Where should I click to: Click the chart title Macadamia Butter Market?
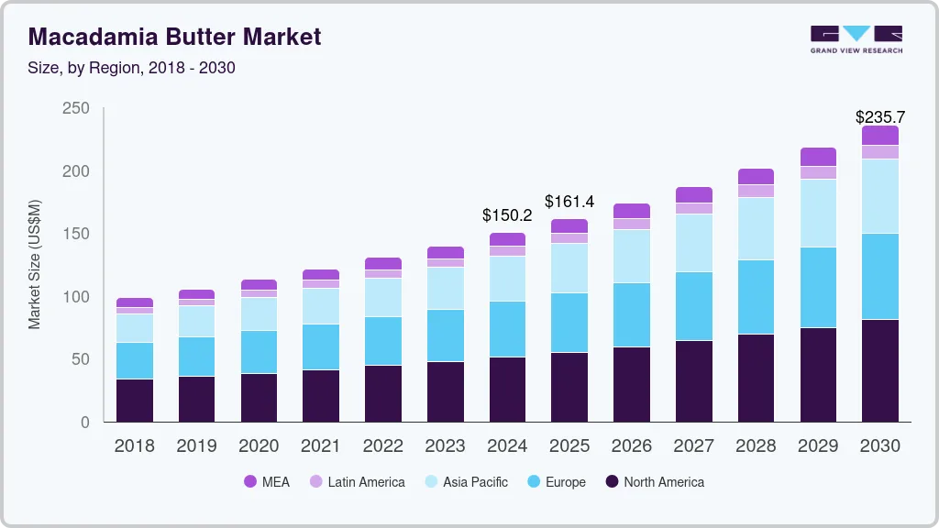174,38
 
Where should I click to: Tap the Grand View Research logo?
856,38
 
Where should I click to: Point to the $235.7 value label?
879,117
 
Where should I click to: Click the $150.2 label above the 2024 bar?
507,215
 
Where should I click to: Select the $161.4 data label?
569,201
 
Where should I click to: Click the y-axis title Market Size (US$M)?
35,264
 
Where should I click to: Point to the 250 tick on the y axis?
76,108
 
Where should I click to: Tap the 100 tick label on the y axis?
76,297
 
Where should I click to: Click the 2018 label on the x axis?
134,446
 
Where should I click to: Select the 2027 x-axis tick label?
694,446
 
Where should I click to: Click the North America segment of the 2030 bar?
880,370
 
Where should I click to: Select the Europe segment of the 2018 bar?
135,360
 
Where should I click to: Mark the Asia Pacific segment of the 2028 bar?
757,229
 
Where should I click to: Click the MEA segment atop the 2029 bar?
818,157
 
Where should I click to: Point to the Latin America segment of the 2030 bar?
880,152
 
